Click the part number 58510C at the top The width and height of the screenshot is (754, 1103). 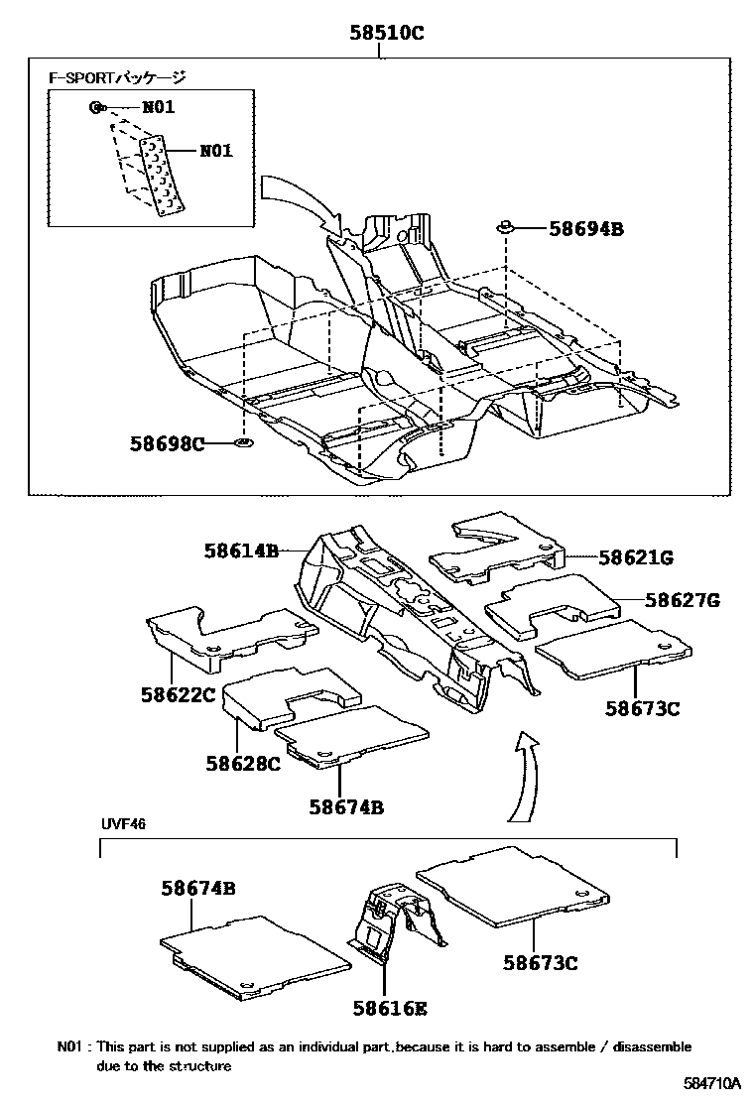tap(386, 33)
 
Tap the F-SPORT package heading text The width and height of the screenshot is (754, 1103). tap(118, 76)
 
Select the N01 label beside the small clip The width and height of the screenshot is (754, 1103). tap(158, 107)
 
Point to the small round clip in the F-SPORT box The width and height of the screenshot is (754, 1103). tap(95, 107)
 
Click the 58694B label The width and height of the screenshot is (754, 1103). tap(585, 229)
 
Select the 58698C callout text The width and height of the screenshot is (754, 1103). tap(167, 442)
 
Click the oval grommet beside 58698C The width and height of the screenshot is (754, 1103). tap(244, 441)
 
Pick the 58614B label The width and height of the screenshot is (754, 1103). tap(242, 549)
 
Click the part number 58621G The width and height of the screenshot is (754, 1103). tap(635, 557)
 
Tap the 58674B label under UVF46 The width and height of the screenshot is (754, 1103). tap(198, 889)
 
